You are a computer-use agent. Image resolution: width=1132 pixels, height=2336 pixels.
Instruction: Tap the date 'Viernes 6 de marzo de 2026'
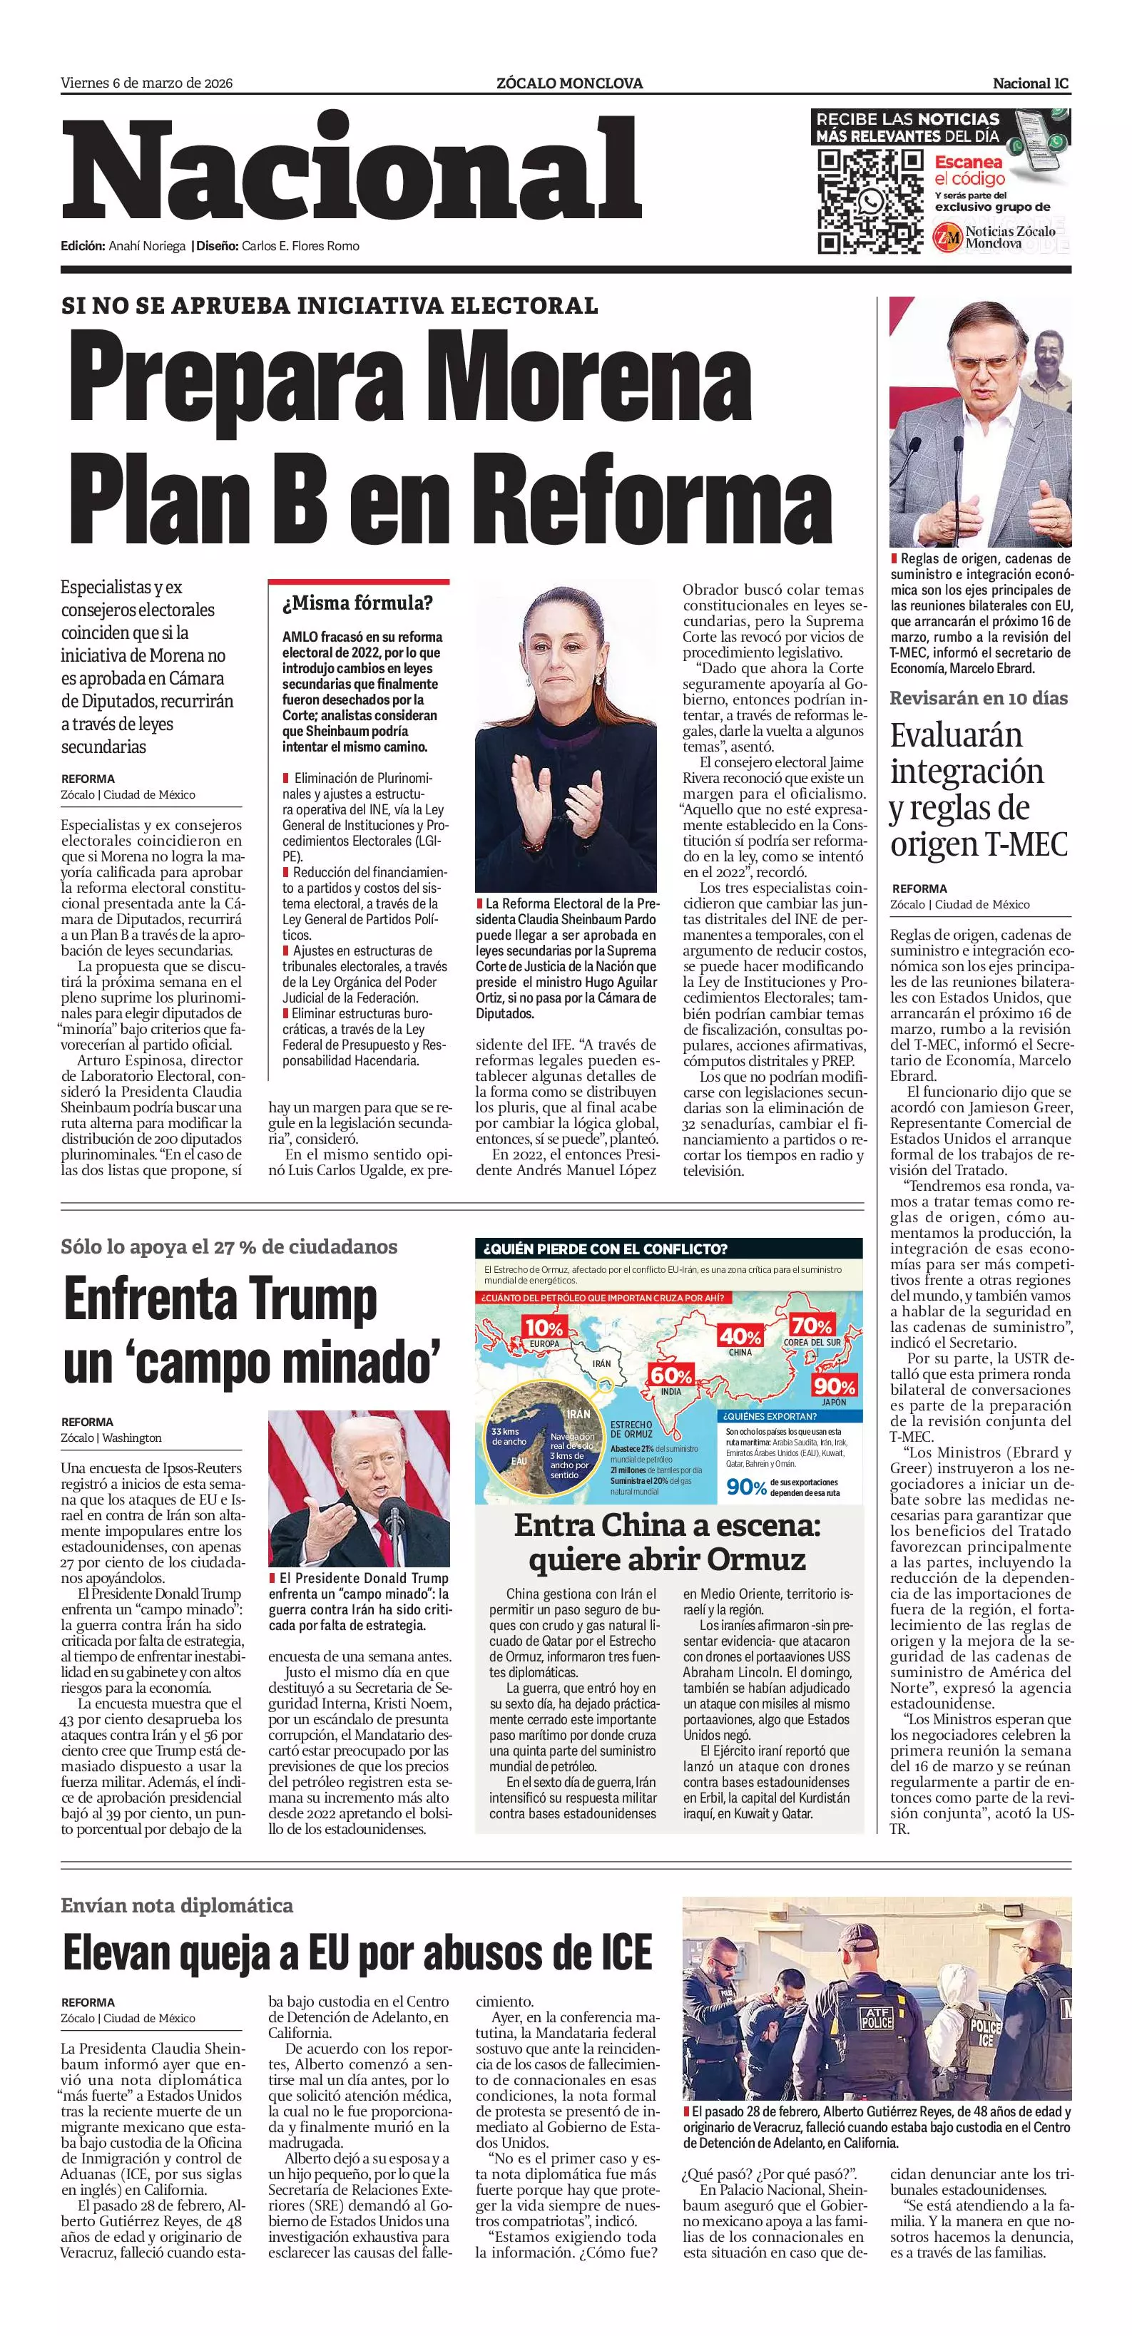coord(147,83)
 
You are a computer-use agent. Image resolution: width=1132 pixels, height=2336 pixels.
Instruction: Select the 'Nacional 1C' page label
coord(1031,83)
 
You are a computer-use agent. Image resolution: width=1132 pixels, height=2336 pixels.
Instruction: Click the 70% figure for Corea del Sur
coord(811,1327)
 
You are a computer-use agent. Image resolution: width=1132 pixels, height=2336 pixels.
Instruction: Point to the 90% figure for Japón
coord(834,1385)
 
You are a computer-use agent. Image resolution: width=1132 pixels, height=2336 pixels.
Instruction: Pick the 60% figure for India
coord(671,1376)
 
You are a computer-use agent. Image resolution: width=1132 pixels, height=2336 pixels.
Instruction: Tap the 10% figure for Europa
coord(544,1328)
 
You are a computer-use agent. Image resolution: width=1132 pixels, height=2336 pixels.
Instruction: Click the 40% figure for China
coord(740,1337)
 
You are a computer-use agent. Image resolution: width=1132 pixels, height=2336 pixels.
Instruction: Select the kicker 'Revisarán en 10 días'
coord(979,698)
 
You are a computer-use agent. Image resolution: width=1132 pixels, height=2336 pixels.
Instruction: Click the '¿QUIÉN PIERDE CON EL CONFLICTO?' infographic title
coord(606,1249)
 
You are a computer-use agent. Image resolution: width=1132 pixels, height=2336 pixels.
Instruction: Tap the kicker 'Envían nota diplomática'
coord(177,1905)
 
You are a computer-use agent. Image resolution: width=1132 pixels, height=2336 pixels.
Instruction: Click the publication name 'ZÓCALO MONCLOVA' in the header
coord(570,83)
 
